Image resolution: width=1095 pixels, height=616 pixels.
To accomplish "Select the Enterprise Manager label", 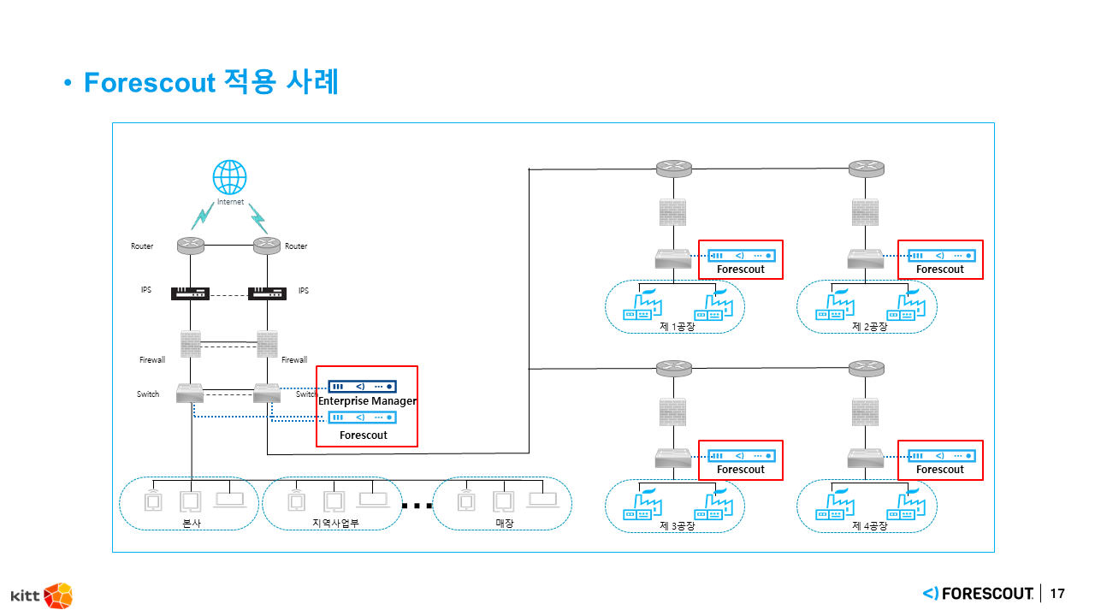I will pos(367,400).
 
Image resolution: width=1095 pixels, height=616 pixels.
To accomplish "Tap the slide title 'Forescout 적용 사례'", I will pos(211,83).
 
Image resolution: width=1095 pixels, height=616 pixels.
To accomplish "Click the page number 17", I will pos(1057,594).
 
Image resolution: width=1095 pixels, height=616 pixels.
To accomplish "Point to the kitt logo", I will pos(41,595).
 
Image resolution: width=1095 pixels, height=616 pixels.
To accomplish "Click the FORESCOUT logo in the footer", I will pos(978,594).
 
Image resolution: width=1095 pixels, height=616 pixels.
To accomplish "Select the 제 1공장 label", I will pos(678,327).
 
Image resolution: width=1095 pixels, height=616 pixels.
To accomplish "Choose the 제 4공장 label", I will pos(870,526).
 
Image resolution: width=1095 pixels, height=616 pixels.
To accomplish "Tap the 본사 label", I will pos(192,523).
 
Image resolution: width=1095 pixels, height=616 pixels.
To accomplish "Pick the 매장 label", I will pos(505,523).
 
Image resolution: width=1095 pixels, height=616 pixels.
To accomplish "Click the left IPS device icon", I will pos(190,293).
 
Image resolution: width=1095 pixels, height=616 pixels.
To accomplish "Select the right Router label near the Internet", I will pos(296,246).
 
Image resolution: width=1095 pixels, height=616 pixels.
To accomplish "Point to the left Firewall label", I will pos(152,360).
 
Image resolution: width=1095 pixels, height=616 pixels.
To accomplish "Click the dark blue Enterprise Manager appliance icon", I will pos(363,386).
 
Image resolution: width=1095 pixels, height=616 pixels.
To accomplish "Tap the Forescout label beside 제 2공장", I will pos(939,269).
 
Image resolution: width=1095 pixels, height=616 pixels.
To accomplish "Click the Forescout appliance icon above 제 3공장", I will pos(741,455).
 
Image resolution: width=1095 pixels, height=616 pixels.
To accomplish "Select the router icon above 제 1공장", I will pos(674,169).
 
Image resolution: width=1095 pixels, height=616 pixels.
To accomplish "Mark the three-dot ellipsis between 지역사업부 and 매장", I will pos(417,506).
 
